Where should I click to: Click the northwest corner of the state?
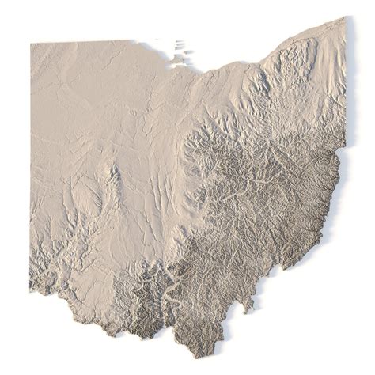[x=32, y=44]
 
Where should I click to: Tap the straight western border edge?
[x=31, y=158]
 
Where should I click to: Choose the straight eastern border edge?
[x=346, y=87]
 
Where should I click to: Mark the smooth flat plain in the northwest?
[x=79, y=87]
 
